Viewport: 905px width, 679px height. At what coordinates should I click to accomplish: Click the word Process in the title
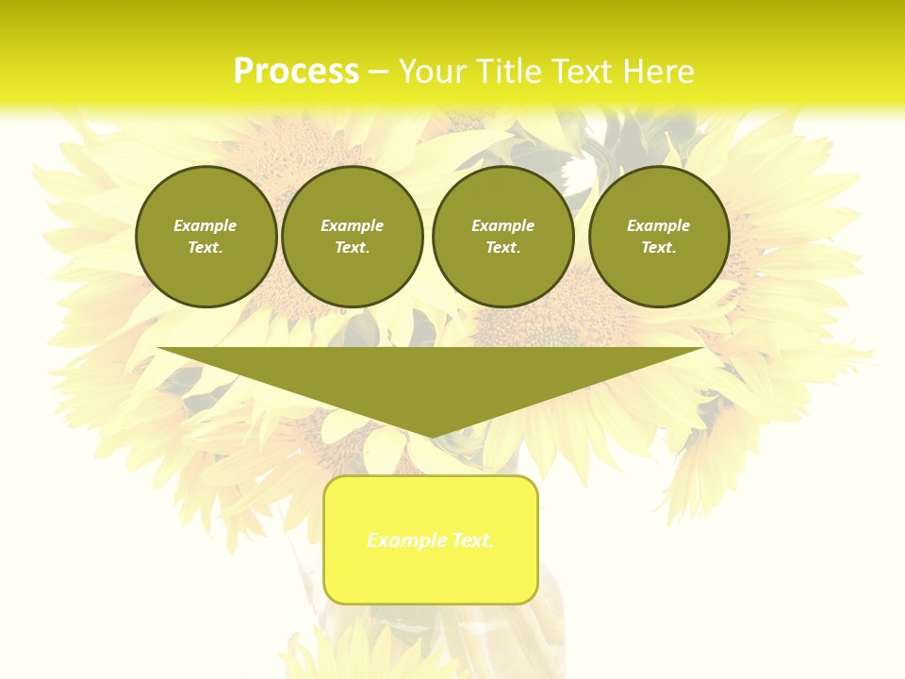[x=296, y=72]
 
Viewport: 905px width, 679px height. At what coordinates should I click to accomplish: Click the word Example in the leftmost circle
[x=206, y=225]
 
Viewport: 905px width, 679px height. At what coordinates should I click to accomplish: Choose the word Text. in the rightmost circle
[x=658, y=247]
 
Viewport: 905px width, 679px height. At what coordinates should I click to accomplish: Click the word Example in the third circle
[x=502, y=225]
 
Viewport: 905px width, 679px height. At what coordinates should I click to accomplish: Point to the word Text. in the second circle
[x=352, y=247]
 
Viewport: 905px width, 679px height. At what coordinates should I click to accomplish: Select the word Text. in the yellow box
[x=472, y=540]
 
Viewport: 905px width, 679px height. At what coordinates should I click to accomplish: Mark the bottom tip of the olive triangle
[x=431, y=436]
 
